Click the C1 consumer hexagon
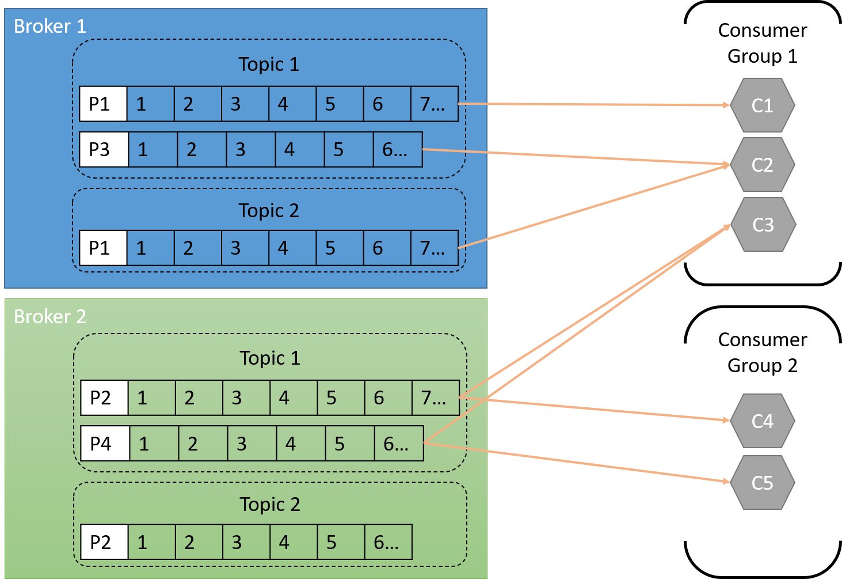(x=762, y=105)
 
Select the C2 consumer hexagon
(x=762, y=165)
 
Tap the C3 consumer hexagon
(x=763, y=225)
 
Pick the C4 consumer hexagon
(x=762, y=421)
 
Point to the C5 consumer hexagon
(x=762, y=483)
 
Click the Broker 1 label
(x=49, y=26)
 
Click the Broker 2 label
(x=49, y=316)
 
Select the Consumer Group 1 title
(x=762, y=43)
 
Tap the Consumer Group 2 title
(x=762, y=353)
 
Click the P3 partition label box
(x=104, y=150)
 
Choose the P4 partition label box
(x=105, y=444)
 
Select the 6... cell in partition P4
(x=398, y=444)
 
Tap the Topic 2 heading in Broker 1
(x=269, y=211)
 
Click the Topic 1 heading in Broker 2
(x=270, y=358)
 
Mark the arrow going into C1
(x=593, y=105)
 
